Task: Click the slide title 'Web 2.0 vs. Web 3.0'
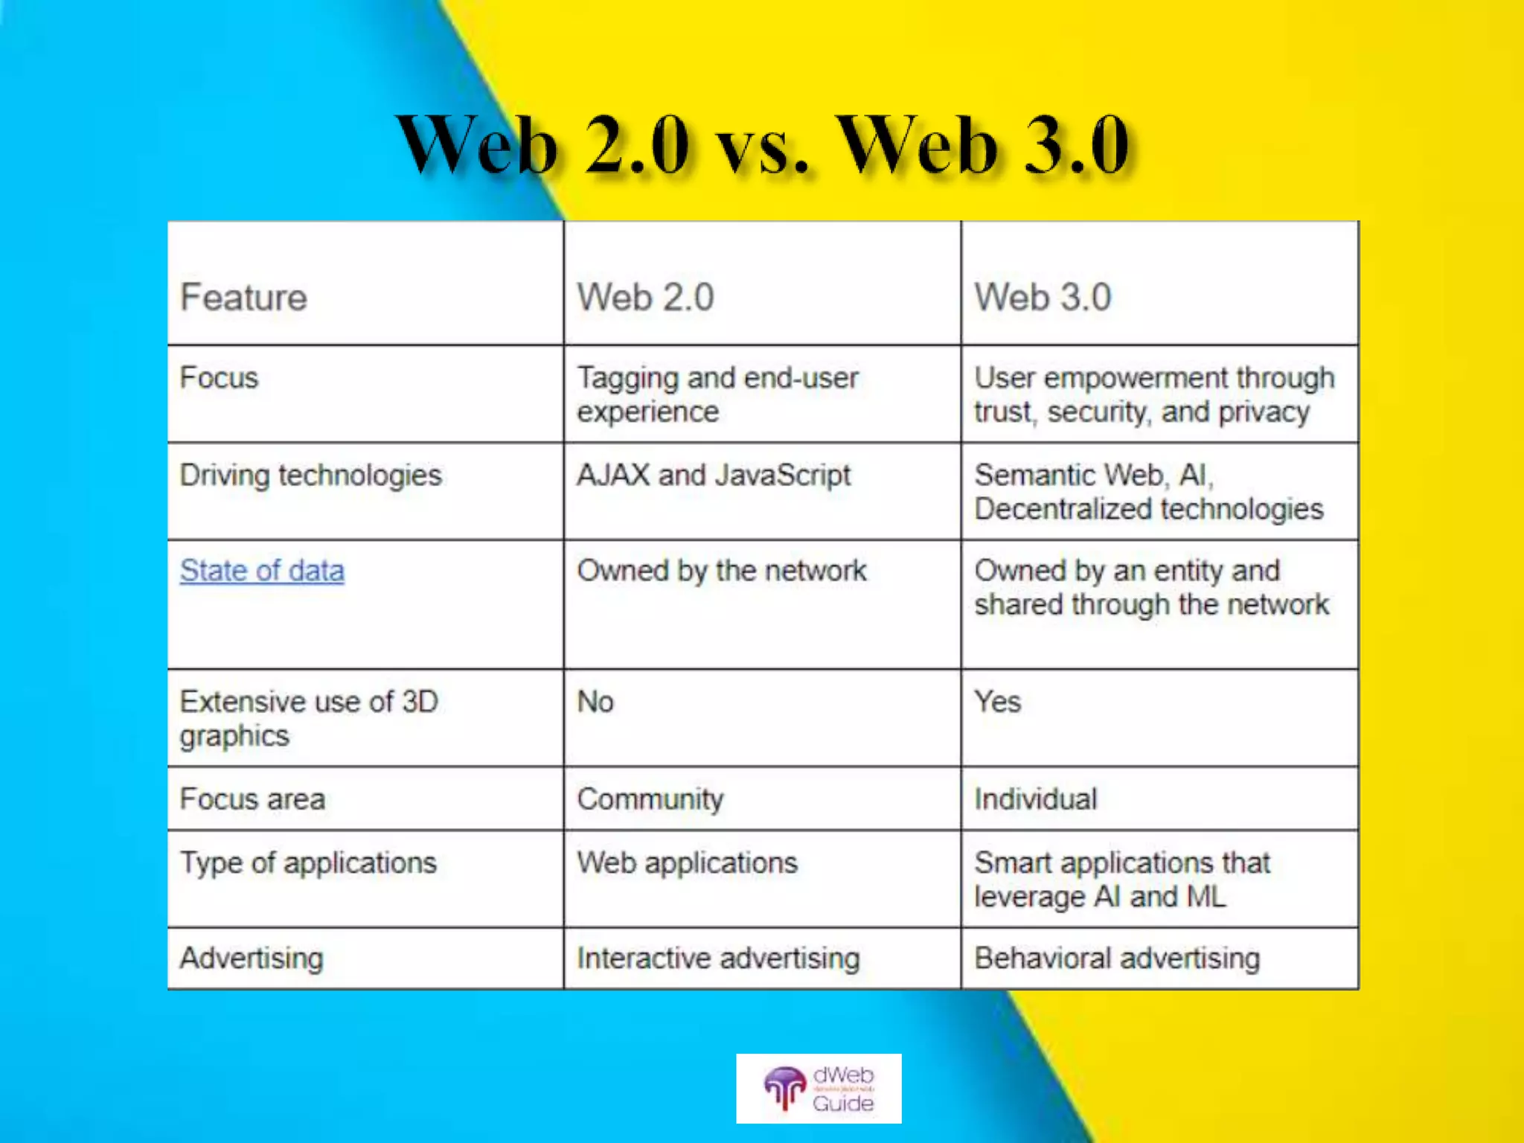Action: [x=762, y=145]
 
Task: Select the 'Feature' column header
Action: [x=243, y=297]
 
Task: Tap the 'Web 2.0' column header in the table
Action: [x=645, y=297]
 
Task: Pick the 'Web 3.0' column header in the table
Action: [x=1043, y=297]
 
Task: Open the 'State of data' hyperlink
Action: [x=262, y=571]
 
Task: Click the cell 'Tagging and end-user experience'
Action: [x=717, y=394]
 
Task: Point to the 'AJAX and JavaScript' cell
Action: [x=714, y=475]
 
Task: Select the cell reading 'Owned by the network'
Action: [x=722, y=571]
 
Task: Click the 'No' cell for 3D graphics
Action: [x=595, y=702]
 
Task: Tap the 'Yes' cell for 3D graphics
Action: [x=997, y=702]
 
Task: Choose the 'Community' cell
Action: [x=650, y=799]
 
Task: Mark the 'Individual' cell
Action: [x=1036, y=799]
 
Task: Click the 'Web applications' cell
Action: [x=687, y=863]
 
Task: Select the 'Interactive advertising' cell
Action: [x=718, y=958]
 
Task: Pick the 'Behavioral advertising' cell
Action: [x=1117, y=958]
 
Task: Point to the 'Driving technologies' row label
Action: [x=310, y=475]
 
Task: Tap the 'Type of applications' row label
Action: [x=308, y=863]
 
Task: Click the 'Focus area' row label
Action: [x=252, y=799]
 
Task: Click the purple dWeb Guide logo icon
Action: [x=784, y=1088]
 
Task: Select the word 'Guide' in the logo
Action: [x=843, y=1103]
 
